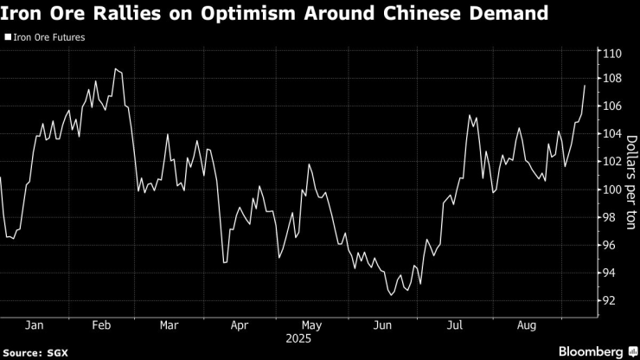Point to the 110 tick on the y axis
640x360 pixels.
click(x=613, y=54)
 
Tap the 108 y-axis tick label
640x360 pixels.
click(x=613, y=78)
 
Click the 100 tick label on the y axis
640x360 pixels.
click(x=613, y=190)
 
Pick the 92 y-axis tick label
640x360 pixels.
click(x=611, y=300)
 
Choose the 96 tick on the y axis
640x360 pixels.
click(x=611, y=245)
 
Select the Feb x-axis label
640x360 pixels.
click(x=101, y=325)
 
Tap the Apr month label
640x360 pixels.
click(x=240, y=325)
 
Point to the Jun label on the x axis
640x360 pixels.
click(x=381, y=325)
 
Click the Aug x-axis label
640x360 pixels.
click(x=525, y=325)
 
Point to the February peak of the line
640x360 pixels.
click(x=115, y=68)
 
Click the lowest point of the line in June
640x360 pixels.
click(x=392, y=295)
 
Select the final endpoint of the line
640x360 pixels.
click(x=586, y=86)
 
